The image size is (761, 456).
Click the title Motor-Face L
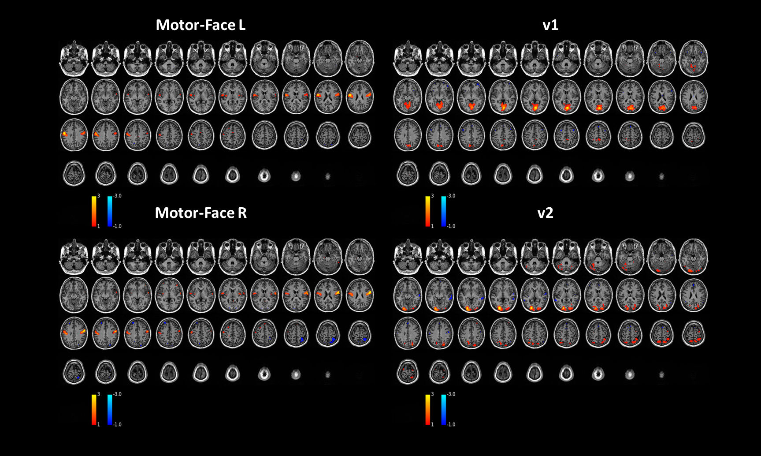point(200,25)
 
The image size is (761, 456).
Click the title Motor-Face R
point(200,213)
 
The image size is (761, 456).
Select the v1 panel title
point(550,25)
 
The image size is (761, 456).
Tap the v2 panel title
point(545,213)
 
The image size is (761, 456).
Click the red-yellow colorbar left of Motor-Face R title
point(94,211)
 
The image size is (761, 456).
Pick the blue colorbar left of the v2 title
point(444,211)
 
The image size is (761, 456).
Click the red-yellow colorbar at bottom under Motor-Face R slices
point(94,410)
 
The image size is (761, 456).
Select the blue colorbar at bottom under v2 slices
point(444,410)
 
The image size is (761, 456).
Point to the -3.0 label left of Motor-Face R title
point(117,196)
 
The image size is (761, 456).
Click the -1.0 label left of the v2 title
point(451,226)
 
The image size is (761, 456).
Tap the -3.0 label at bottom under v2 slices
point(451,394)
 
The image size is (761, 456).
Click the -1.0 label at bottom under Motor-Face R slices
point(117,425)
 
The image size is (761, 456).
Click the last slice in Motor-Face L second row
point(360,97)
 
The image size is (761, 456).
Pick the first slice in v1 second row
point(408,97)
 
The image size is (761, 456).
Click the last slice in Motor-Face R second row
point(360,295)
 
